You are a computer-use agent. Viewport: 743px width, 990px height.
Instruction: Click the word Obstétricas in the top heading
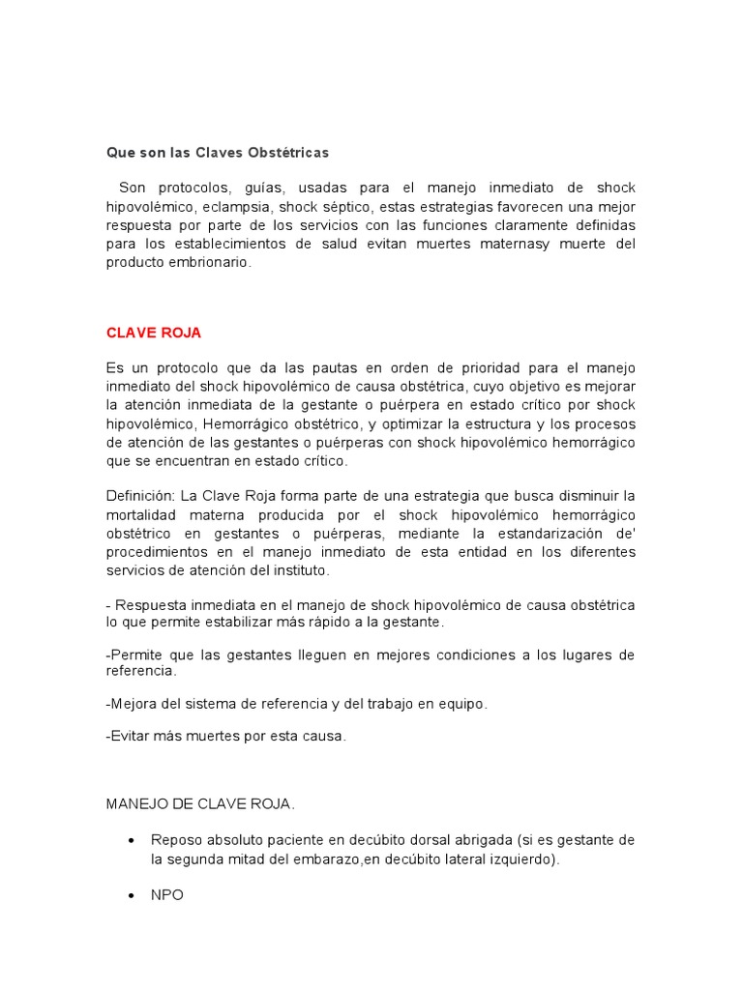(289, 153)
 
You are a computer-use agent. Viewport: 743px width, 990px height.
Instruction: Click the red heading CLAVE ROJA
(153, 332)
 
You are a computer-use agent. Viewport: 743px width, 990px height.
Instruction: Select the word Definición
(137, 495)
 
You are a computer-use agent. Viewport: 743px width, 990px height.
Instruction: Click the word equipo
(462, 704)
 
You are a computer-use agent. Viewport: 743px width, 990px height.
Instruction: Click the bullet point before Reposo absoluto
(130, 839)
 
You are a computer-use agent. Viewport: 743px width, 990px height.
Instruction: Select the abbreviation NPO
(167, 895)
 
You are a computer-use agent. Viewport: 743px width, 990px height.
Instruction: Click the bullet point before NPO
(130, 896)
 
